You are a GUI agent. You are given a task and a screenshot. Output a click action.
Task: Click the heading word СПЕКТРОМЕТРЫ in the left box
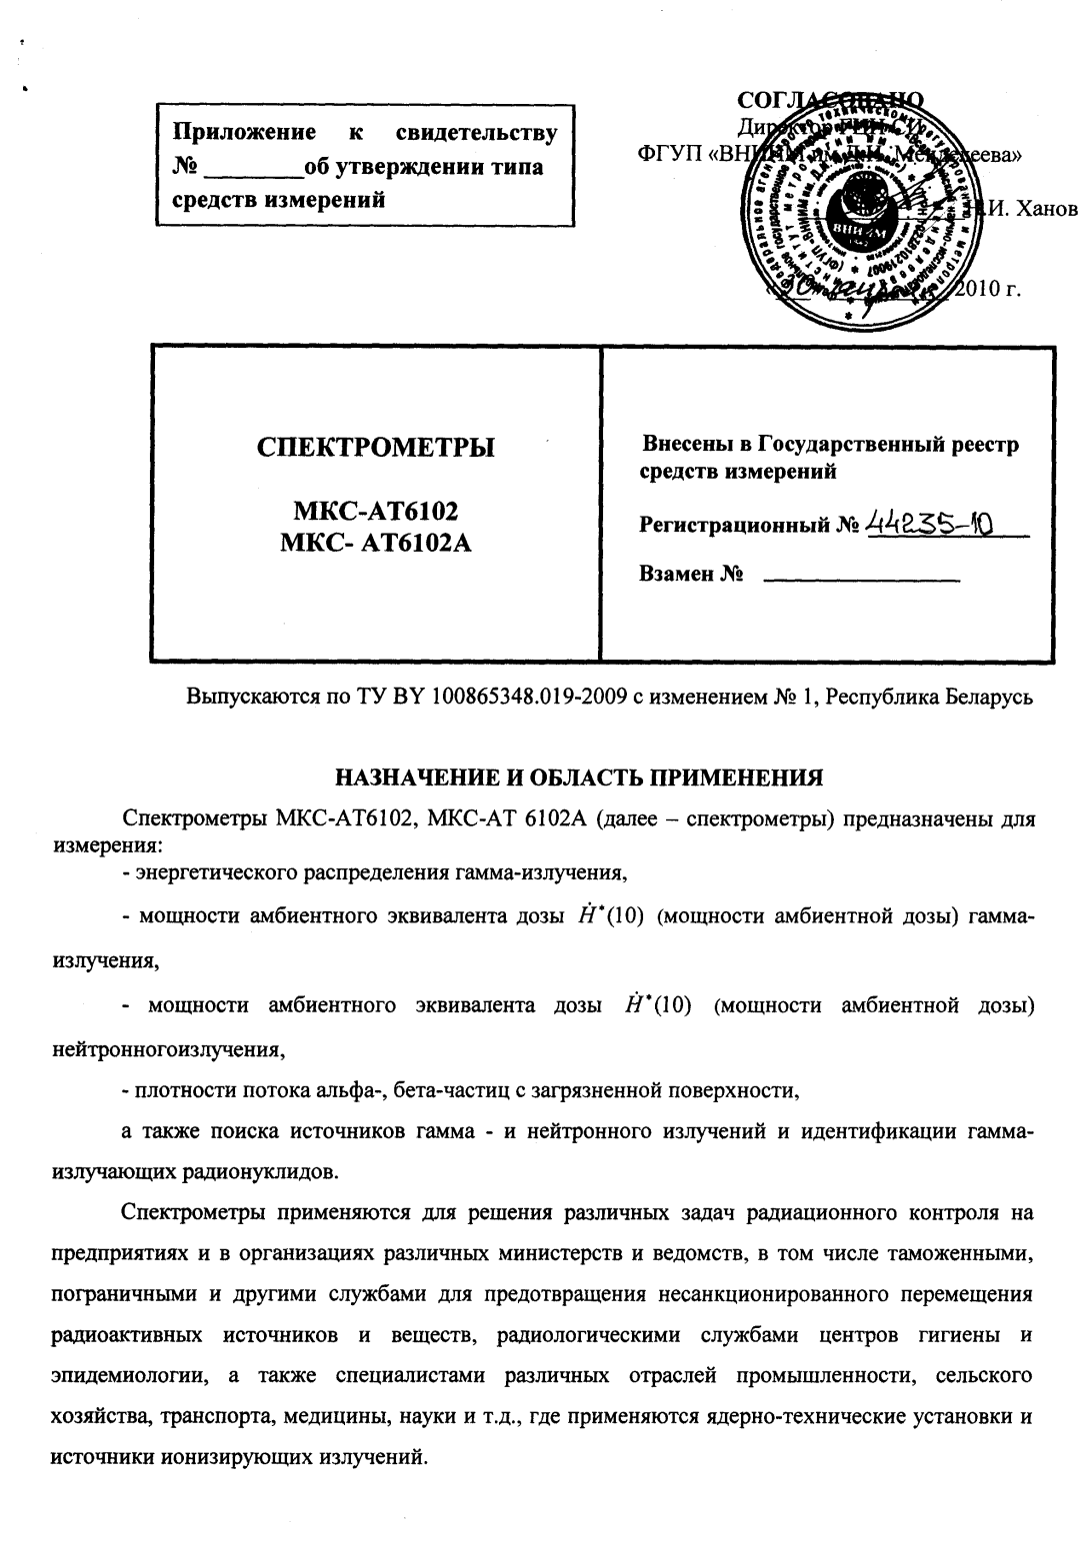(x=375, y=447)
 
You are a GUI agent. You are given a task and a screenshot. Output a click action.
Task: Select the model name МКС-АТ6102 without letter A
(x=375, y=513)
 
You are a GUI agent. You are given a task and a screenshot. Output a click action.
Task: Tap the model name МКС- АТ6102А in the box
(x=375, y=543)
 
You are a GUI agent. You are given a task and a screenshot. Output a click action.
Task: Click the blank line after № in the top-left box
(x=252, y=167)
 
